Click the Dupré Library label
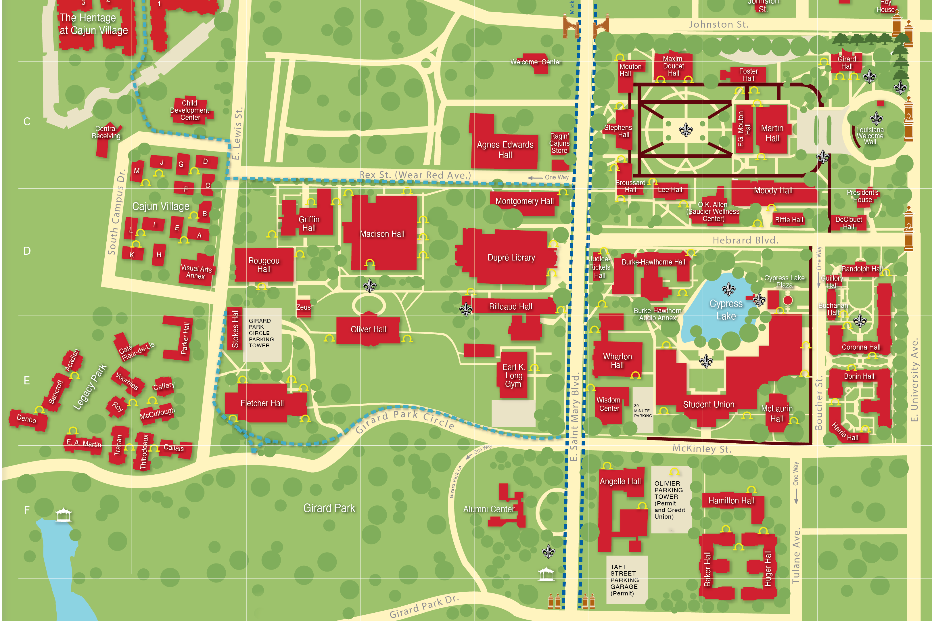click(511, 258)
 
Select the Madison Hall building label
click(382, 234)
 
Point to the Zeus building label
click(303, 307)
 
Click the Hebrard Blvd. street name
click(745, 240)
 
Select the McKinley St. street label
click(701, 449)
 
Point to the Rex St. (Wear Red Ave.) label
click(415, 175)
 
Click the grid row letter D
click(27, 251)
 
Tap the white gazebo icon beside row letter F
click(63, 515)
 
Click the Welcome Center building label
click(535, 62)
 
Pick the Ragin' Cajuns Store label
click(559, 143)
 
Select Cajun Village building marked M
click(137, 171)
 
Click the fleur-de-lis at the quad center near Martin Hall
click(685, 129)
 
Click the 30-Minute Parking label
click(642, 411)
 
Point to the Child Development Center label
click(190, 110)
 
